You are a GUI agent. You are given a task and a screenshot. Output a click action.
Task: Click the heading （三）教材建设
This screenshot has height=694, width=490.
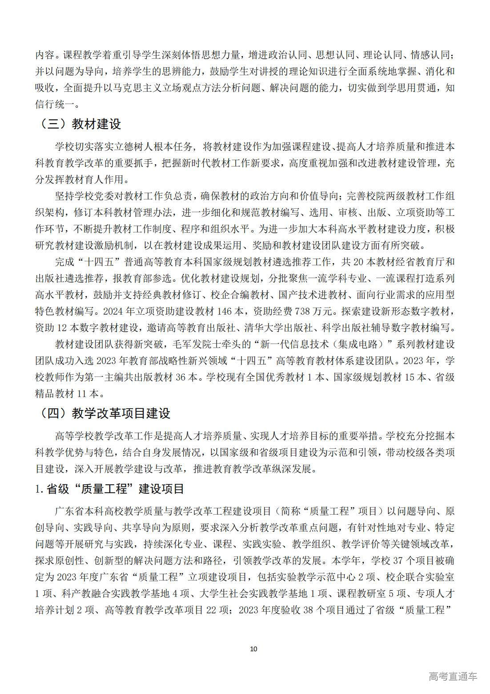click(78, 124)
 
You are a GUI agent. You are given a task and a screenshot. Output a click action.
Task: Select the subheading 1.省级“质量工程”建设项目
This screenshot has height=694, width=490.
click(109, 489)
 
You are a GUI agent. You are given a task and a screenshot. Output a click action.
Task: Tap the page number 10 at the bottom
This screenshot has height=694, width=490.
click(253, 649)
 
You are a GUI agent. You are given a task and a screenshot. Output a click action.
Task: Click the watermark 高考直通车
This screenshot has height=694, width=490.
click(453, 676)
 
